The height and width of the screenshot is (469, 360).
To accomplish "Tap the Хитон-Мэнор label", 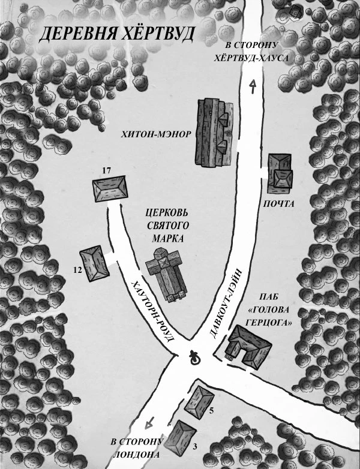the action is (156, 134).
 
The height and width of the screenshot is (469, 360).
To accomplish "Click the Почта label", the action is (278, 204).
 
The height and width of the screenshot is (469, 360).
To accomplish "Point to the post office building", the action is (280, 173).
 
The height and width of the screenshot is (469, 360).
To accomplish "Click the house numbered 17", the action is (110, 189).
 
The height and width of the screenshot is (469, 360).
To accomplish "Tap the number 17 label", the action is (107, 171).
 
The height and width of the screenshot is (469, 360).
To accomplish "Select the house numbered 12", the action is (94, 263).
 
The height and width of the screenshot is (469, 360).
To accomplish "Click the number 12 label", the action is (77, 270).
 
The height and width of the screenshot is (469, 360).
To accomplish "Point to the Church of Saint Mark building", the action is (167, 274).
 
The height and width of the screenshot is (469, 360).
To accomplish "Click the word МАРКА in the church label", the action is (168, 239).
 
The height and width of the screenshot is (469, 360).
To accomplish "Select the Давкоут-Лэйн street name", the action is (226, 303).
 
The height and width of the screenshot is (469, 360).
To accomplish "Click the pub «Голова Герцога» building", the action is (249, 347).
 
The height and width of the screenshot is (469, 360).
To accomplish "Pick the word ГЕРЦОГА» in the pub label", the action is (268, 323).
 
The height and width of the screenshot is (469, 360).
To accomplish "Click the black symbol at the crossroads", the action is (196, 359).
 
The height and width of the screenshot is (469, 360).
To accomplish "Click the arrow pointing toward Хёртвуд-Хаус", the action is (253, 87).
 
